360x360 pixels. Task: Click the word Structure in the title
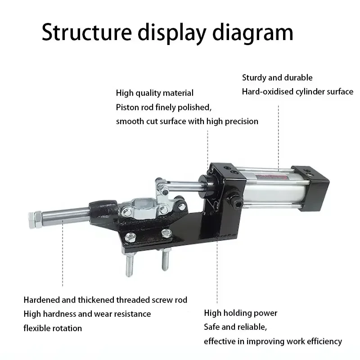87,32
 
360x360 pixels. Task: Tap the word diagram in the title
253,33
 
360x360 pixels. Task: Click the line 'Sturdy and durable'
277,77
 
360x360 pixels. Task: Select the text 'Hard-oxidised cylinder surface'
297,92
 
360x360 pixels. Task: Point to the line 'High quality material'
155,93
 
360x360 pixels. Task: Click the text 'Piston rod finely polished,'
164,107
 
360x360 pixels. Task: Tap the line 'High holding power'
241,313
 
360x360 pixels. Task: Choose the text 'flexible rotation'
53,328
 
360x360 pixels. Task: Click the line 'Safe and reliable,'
235,327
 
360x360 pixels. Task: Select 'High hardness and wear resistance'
87,314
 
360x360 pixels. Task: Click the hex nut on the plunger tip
36,220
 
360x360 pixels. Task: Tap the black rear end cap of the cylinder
311,188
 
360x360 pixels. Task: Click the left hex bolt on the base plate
130,238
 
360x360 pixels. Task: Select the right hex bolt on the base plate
166,233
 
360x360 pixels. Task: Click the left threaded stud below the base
129,264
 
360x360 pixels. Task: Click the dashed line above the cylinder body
279,137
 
